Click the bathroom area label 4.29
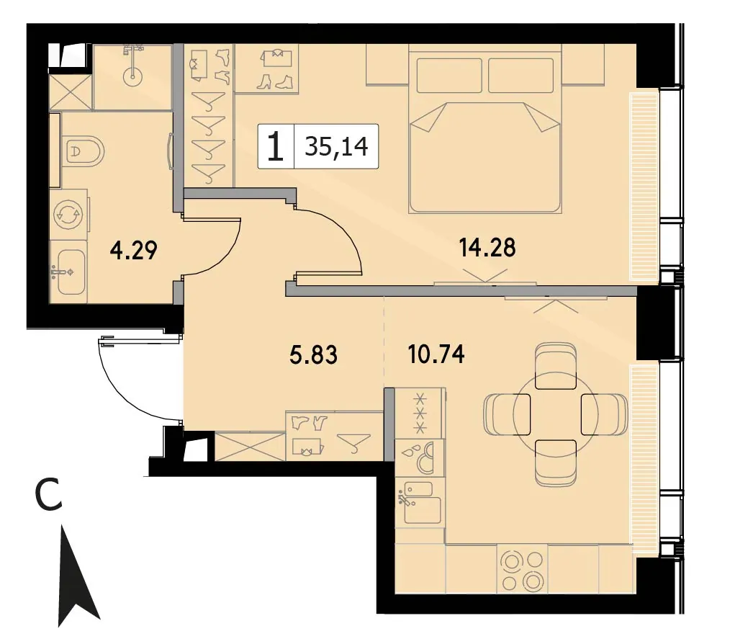click(134, 250)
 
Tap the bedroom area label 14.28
click(487, 247)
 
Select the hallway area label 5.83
click(313, 355)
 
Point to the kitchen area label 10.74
click(436, 354)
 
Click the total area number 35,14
click(337, 146)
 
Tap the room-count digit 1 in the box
click(276, 146)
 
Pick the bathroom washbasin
click(68, 271)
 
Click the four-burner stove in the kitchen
click(523, 570)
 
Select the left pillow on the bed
click(449, 76)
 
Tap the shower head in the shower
click(134, 73)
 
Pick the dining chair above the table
click(556, 365)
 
